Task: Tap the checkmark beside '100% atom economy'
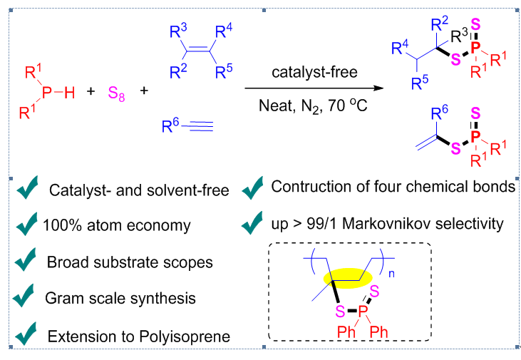pos(28,226)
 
